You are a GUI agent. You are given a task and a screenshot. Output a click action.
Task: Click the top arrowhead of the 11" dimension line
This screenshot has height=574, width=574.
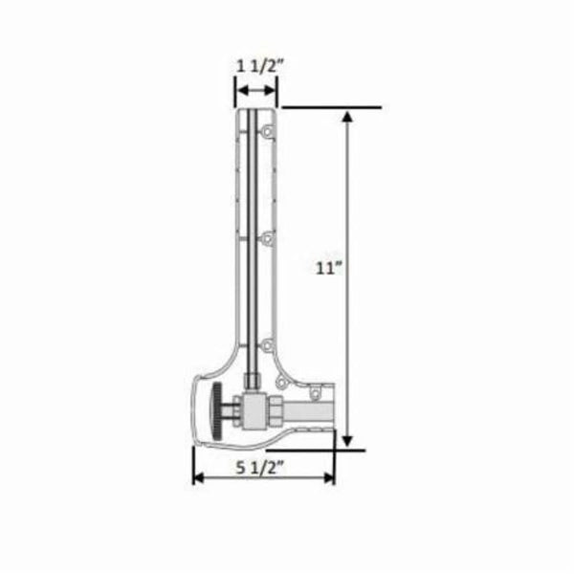pos(348,116)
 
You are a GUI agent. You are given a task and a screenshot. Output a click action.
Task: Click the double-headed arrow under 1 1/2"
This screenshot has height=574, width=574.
pos(256,91)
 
